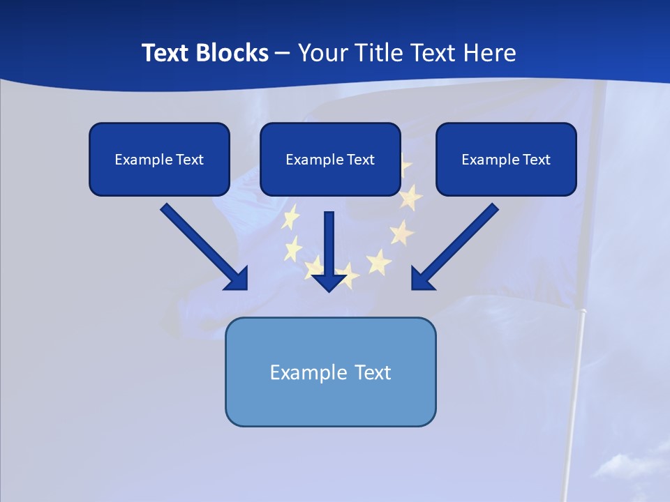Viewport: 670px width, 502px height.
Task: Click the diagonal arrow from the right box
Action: pos(461,241)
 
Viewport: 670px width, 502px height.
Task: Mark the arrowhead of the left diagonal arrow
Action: pos(237,279)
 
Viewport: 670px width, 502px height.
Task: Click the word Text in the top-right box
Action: pos(536,160)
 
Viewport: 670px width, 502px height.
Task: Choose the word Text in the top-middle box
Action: pos(360,160)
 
